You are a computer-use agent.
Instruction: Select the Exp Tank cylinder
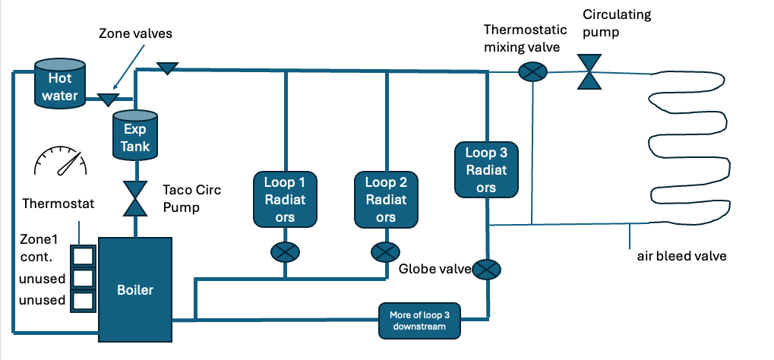coord(136,136)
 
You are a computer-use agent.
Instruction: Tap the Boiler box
coord(135,289)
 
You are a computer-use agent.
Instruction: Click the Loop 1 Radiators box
coord(285,199)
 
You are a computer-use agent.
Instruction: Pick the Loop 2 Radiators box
coord(386,199)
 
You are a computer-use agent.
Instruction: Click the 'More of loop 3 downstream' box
coord(420,321)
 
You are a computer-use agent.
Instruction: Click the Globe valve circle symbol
coord(487,268)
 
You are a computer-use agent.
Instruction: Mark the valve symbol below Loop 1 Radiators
coord(285,252)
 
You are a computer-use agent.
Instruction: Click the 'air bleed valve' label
coord(681,256)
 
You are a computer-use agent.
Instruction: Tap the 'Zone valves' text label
coord(136,34)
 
